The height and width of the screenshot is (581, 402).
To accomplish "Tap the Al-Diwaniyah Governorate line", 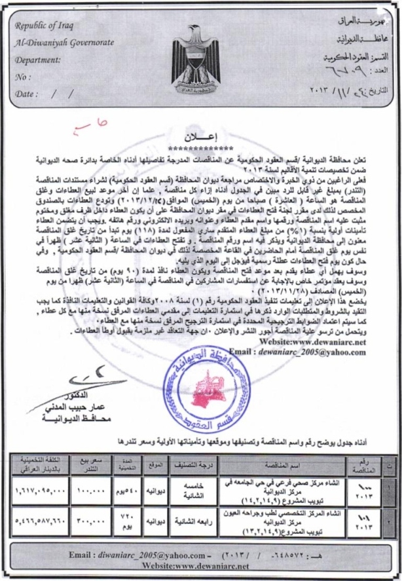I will [63, 43].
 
